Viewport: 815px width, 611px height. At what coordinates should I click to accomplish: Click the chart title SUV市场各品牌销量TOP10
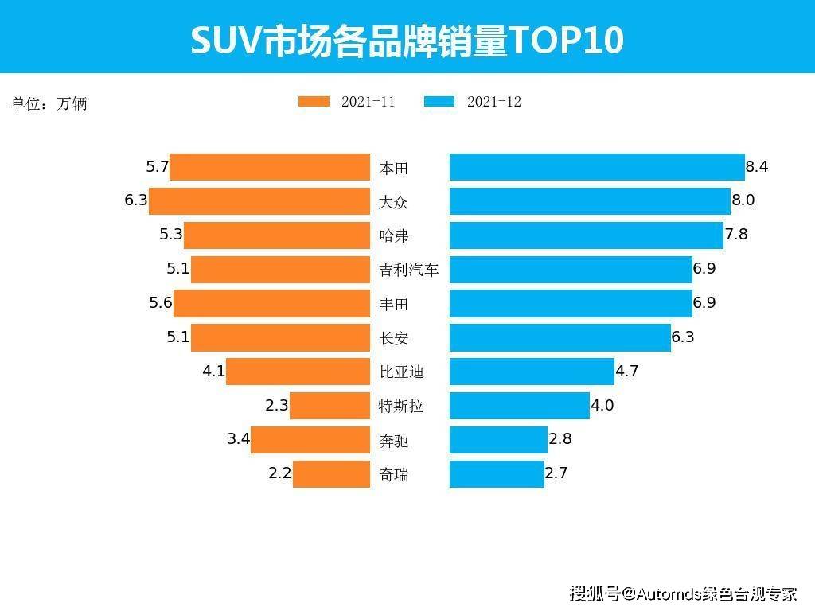407,40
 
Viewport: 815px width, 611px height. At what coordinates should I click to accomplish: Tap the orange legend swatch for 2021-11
314,101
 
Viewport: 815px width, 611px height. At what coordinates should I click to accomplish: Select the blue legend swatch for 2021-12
439,101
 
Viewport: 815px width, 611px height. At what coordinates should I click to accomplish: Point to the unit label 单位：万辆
49,103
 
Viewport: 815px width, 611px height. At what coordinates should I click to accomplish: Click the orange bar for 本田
270,167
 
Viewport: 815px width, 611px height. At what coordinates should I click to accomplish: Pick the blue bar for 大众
590,201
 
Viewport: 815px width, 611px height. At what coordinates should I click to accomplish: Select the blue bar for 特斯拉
520,406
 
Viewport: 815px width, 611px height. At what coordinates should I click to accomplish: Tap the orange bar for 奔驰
310,439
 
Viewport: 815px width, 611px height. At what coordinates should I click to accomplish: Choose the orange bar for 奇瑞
332,474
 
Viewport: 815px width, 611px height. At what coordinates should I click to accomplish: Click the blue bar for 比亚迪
532,372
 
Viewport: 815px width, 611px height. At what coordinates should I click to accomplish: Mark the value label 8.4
757,166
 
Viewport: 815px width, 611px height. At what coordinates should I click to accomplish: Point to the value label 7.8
736,235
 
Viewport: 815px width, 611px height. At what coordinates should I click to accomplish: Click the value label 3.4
239,439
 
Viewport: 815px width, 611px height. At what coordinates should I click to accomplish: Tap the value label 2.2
279,473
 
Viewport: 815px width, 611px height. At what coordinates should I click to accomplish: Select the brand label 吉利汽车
409,270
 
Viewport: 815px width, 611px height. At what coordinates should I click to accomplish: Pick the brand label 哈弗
394,235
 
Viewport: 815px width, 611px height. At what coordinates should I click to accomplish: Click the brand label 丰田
394,304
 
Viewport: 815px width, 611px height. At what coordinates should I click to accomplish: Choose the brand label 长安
394,338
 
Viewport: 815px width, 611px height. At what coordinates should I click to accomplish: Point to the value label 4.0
602,405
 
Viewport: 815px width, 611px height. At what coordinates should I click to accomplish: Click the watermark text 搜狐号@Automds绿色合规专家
684,593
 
